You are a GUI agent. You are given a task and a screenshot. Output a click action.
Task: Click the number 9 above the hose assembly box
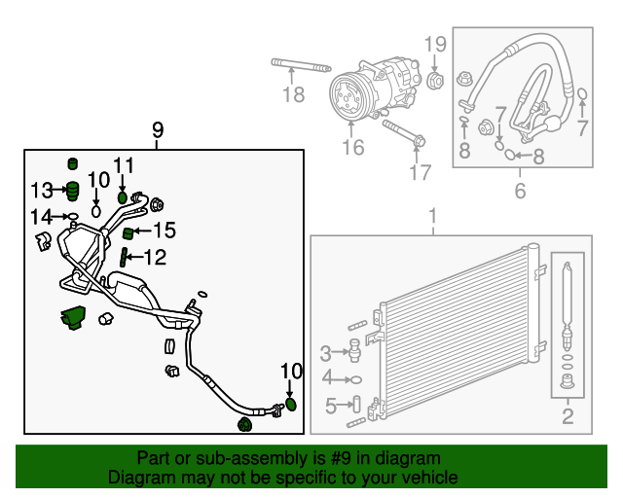pos(158,130)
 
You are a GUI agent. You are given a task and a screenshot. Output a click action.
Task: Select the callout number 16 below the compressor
pos(352,147)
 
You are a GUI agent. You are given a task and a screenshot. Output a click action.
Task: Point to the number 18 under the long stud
pos(293,94)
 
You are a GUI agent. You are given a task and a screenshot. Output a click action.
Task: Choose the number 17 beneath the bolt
pos(419,173)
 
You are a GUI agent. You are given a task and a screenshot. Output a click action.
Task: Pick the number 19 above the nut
pos(435,44)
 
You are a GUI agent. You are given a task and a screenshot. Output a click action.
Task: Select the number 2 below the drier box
pos(567,418)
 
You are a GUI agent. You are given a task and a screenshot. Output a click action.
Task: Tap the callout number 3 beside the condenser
pos(326,352)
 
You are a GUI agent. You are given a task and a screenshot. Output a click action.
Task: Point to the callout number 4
pos(327,377)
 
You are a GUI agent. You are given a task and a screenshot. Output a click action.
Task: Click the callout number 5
pos(329,406)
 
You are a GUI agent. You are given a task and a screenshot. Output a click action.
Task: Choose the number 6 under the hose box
pos(520,191)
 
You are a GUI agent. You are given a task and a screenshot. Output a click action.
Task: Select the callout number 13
pos(42,189)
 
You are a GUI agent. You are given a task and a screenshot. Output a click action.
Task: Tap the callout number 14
pos(40,216)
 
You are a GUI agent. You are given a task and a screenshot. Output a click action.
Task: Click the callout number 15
pos(164,231)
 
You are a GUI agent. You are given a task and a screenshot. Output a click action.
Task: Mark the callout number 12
pos(155,258)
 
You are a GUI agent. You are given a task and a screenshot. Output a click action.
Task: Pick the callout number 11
pos(122,164)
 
